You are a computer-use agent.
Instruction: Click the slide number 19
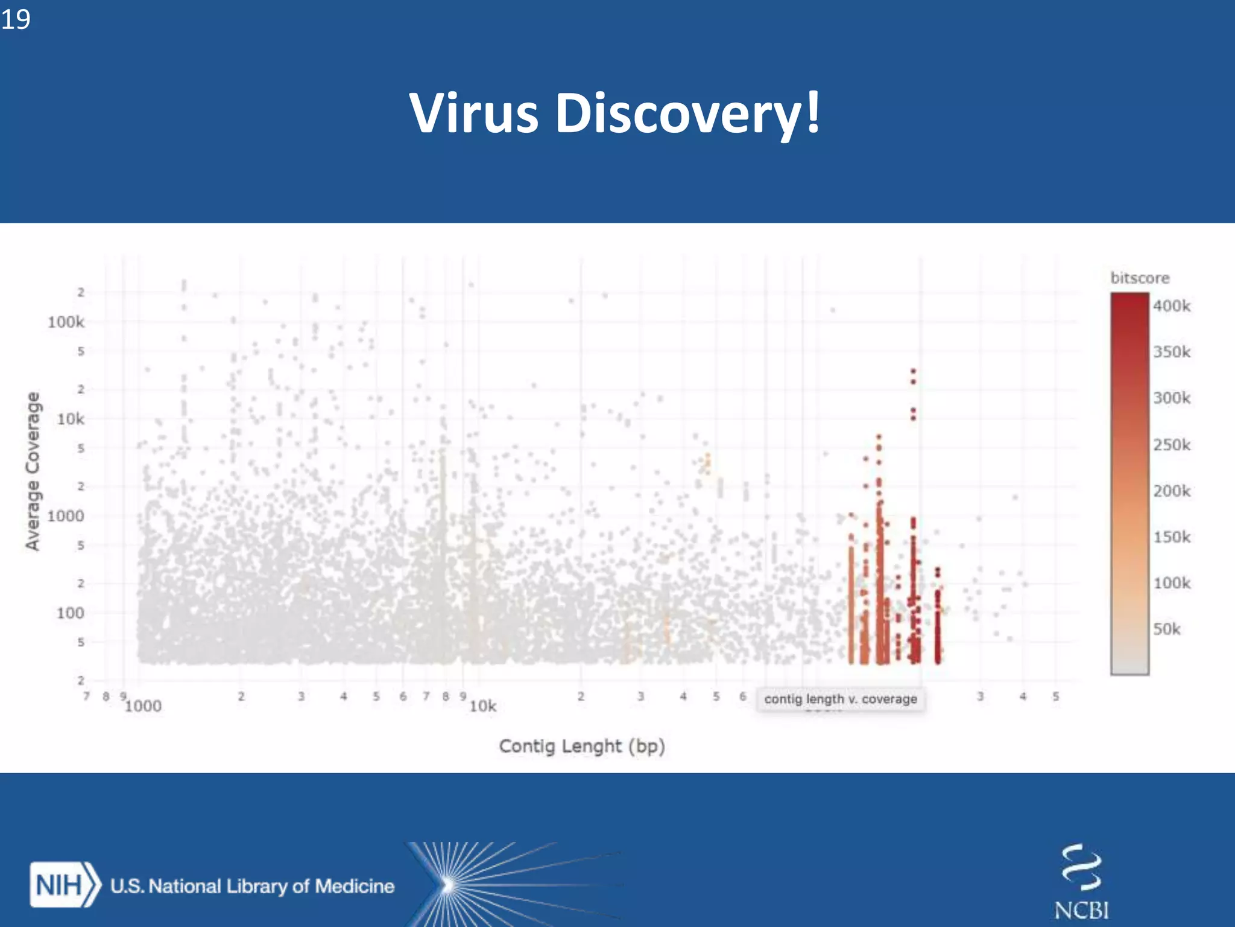point(16,19)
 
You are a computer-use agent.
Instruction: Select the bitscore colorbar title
point(1140,278)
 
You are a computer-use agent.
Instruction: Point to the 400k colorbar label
point(1172,306)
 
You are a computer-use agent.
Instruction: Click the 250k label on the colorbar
point(1172,445)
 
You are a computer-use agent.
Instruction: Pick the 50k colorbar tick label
point(1167,629)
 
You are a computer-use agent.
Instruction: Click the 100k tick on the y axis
point(66,322)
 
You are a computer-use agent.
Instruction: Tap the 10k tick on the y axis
point(71,419)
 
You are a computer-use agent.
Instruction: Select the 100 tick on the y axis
point(70,613)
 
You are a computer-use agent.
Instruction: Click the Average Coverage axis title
point(33,471)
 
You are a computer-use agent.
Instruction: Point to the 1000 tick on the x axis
point(143,706)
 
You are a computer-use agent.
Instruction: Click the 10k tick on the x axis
point(482,706)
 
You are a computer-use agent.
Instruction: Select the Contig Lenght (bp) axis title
point(582,747)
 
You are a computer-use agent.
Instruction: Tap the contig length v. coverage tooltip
point(840,699)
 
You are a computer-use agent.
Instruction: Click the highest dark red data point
point(913,371)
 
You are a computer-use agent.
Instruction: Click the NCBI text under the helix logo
point(1081,910)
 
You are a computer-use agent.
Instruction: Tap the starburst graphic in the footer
point(449,885)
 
